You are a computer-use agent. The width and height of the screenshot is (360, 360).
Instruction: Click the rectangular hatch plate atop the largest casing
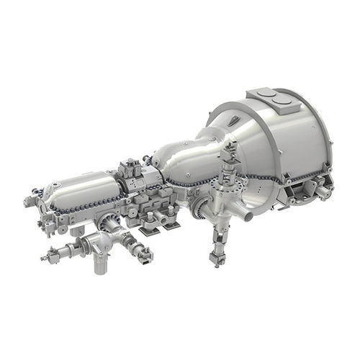coord(272,99)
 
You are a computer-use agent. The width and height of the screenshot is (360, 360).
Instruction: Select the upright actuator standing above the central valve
coord(230,155)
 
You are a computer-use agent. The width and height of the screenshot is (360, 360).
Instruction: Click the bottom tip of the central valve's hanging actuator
coord(217,260)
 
